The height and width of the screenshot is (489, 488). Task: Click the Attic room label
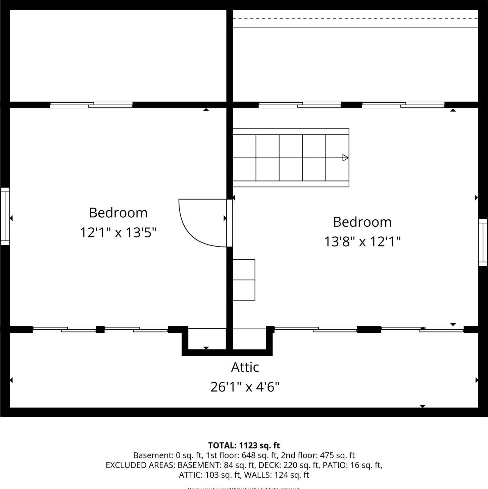click(245, 367)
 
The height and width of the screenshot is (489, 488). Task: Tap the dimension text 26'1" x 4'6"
click(245, 387)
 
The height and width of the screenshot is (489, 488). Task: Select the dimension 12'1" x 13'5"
click(118, 232)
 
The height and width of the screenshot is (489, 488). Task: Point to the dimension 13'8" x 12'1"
click(362, 241)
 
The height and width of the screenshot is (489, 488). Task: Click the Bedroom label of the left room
click(118, 213)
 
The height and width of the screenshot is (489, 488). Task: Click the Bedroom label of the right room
click(362, 222)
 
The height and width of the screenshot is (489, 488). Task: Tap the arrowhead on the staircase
click(345, 158)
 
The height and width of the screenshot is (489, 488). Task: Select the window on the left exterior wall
click(5, 216)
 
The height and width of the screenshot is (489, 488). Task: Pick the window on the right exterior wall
click(483, 242)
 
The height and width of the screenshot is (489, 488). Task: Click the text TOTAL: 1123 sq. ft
click(244, 445)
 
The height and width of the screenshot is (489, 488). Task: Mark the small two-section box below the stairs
click(244, 280)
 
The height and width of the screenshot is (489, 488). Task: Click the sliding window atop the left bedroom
click(91, 105)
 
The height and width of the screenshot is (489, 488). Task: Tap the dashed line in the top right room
click(355, 18)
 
